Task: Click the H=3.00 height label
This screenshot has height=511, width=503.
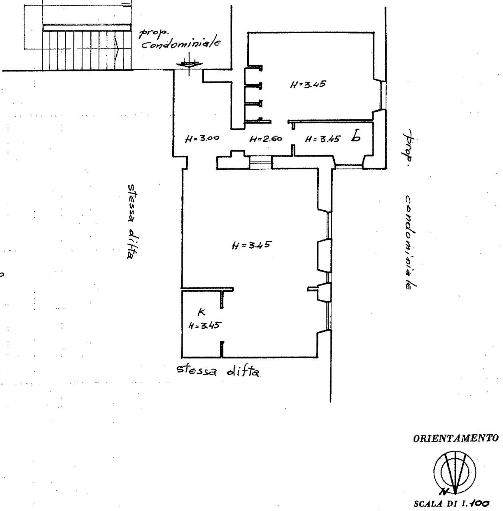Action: click(x=202, y=139)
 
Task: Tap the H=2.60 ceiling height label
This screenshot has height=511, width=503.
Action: click(x=266, y=139)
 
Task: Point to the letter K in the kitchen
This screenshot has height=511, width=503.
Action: click(x=201, y=313)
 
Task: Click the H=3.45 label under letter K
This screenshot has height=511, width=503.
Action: click(x=205, y=325)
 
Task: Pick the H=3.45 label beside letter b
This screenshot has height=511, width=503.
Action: click(x=322, y=139)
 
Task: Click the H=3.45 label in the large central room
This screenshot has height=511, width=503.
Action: click(x=251, y=245)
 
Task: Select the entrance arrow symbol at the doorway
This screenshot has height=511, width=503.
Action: click(x=189, y=64)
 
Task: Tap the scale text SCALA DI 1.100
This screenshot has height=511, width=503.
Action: click(x=451, y=503)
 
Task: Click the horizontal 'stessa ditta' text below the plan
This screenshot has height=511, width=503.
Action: click(x=218, y=370)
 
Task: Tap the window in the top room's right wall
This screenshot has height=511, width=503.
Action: click(x=382, y=95)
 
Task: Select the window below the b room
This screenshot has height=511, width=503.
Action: click(x=349, y=166)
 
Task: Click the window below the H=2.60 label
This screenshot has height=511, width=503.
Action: click(x=261, y=162)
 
